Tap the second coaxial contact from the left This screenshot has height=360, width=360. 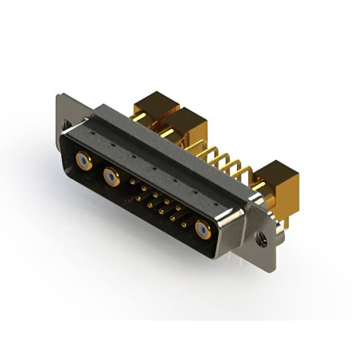(x=110, y=177)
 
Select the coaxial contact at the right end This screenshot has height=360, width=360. (x=202, y=230)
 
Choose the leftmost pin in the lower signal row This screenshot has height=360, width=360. (x=138, y=197)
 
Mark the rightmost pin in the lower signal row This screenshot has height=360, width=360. (x=184, y=224)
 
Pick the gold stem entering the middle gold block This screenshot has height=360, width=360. (x=166, y=133)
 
